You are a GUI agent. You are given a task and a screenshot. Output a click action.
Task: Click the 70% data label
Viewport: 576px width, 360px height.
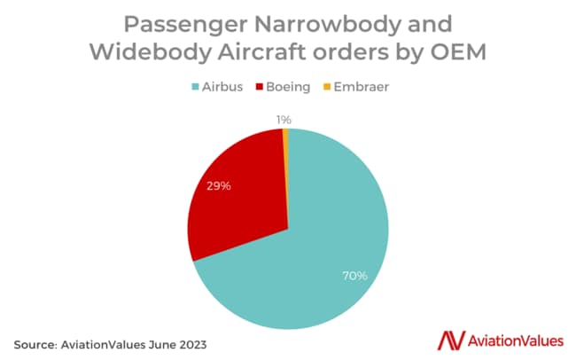coord(355,276)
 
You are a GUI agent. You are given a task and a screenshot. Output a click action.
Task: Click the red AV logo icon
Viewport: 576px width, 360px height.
coord(451,340)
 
